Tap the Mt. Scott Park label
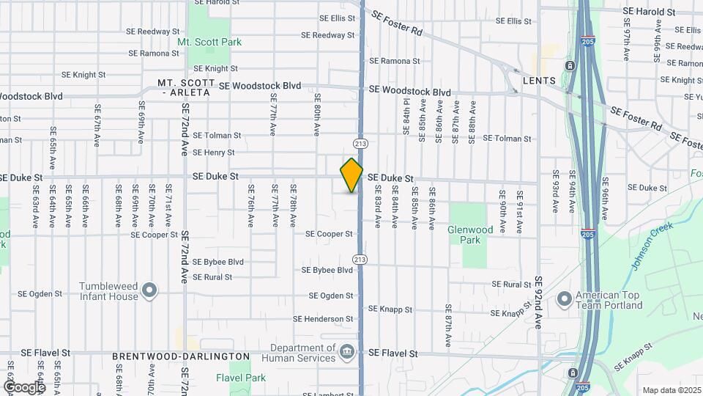209,43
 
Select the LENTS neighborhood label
539,80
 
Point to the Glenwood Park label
467,235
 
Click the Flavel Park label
241,378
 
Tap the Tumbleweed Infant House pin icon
149,291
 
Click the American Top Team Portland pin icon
565,299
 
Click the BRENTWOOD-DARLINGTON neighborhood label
181,356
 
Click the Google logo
24,386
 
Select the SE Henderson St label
323,319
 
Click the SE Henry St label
213,153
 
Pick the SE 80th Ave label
318,114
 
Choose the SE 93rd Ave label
556,191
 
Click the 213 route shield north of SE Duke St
360,142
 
